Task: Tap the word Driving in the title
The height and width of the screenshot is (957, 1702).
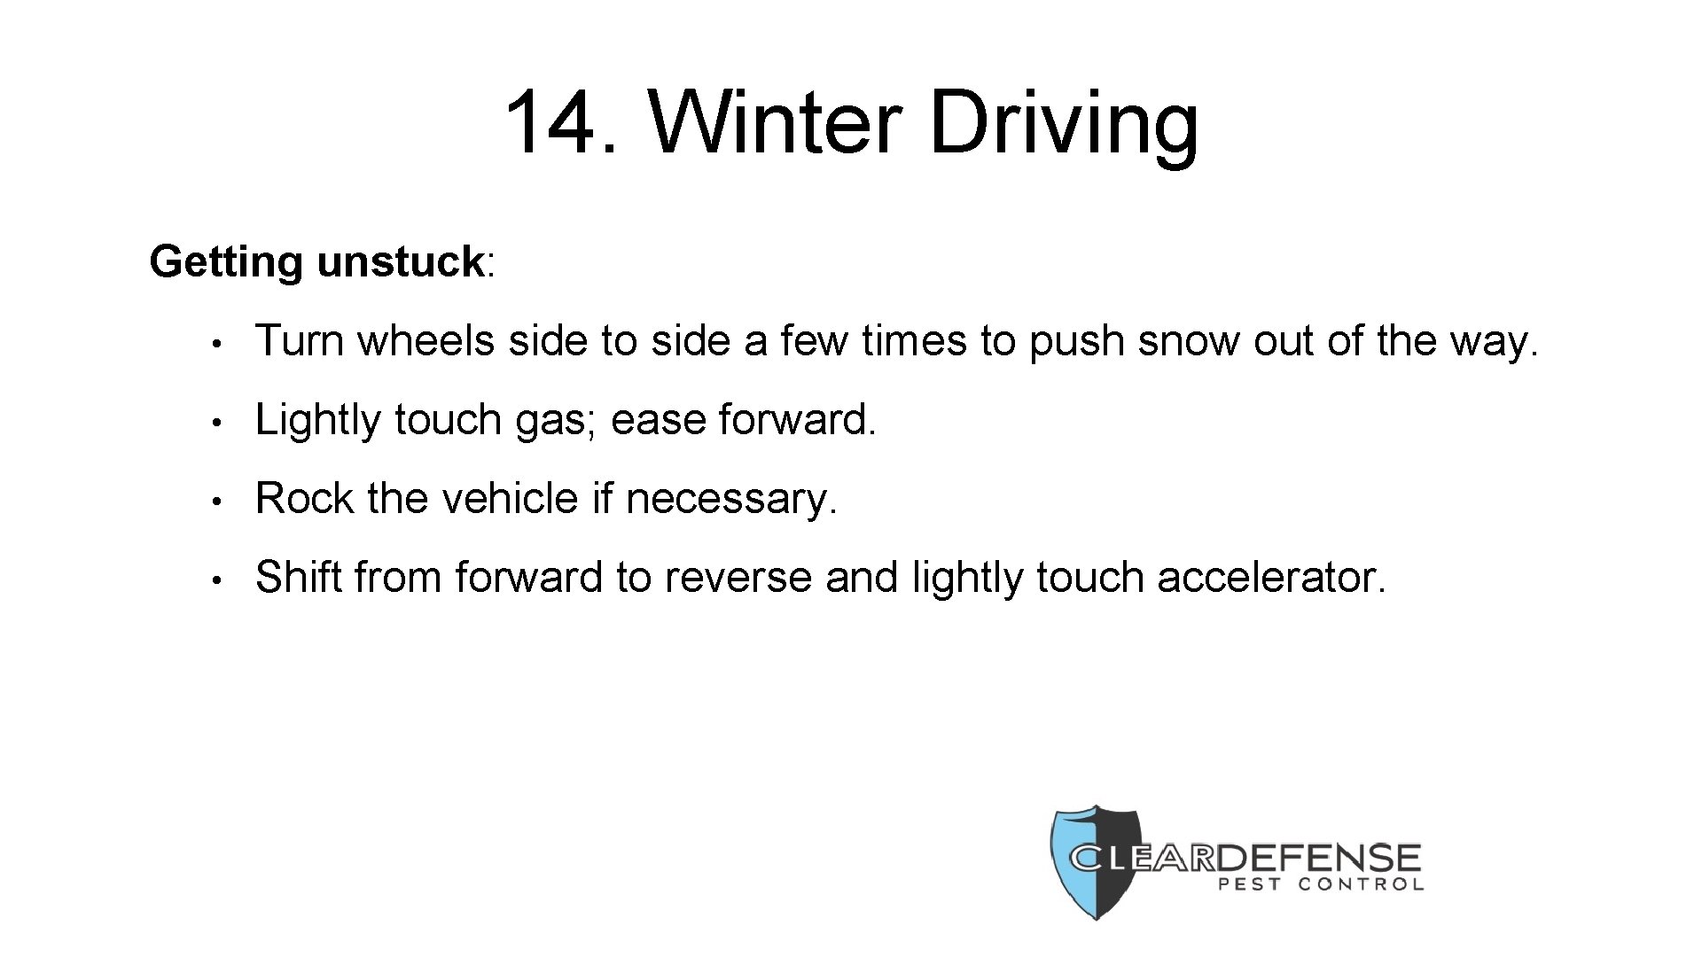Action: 1064,124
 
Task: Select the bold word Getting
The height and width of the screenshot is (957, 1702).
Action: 226,262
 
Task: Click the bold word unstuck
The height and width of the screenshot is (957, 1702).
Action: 400,261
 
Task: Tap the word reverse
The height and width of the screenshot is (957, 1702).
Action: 738,578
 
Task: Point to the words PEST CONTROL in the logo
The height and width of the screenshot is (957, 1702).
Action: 1321,883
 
